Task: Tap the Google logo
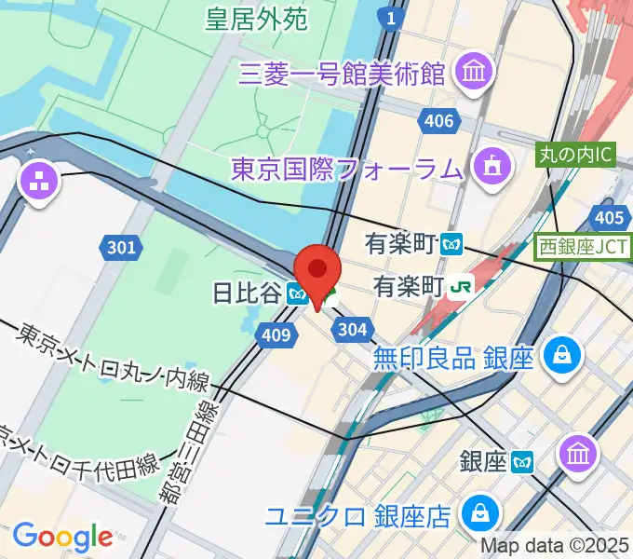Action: (x=62, y=536)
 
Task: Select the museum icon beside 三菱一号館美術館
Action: (x=476, y=70)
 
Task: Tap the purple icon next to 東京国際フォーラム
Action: (x=489, y=168)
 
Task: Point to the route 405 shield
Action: (x=608, y=218)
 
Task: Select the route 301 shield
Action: (x=120, y=247)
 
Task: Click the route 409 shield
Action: (x=277, y=334)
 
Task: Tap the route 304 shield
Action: (x=352, y=328)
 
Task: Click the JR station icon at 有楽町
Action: (x=460, y=285)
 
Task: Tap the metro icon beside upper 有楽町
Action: (x=453, y=245)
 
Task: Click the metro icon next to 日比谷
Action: (x=298, y=294)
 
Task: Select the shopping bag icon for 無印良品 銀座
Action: (x=562, y=355)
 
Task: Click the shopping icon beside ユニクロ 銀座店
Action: (x=483, y=513)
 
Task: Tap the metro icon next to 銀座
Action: (x=524, y=460)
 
